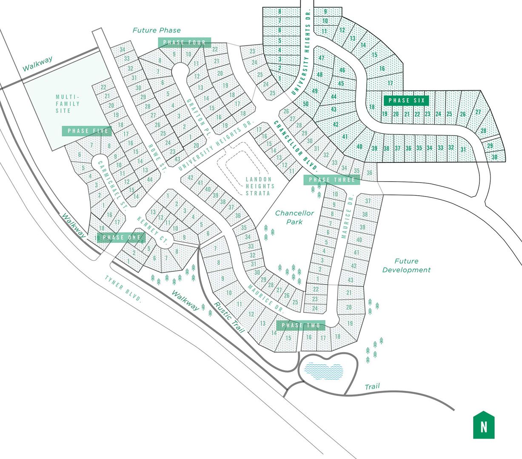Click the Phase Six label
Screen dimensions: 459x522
tap(406, 101)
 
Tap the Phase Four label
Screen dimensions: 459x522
tap(184, 42)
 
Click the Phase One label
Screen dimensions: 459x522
tap(121, 237)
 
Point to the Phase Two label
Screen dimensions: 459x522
tap(301, 325)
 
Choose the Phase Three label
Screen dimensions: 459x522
tap(332, 180)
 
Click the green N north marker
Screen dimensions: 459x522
tap(484, 425)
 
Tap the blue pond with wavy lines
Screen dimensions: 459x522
tap(324, 371)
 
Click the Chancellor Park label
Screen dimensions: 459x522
tap(294, 217)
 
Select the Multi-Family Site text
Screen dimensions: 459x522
tap(68, 104)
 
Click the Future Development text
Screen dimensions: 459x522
tap(406, 265)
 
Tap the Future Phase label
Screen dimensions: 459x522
tap(156, 30)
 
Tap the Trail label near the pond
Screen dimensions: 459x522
tap(372, 387)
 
